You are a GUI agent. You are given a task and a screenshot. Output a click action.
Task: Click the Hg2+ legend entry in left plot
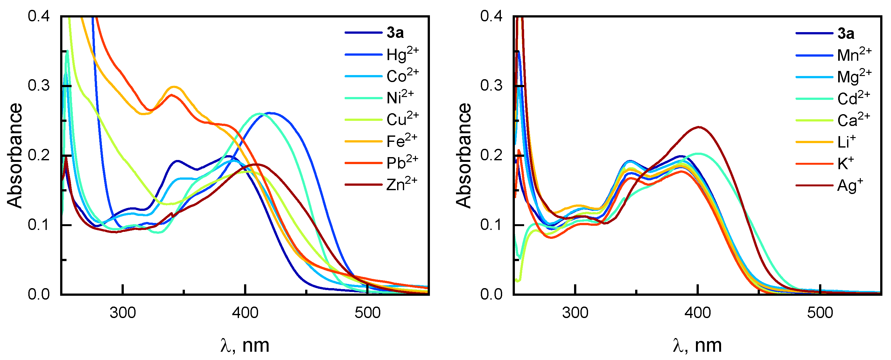402,55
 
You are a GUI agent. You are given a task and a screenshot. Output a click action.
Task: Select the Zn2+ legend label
401,185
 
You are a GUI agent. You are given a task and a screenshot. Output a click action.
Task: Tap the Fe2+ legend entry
401,141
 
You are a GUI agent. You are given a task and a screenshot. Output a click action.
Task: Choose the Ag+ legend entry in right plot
850,186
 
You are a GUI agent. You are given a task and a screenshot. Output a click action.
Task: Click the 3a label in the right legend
845,33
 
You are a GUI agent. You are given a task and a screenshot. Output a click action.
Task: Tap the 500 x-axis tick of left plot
367,313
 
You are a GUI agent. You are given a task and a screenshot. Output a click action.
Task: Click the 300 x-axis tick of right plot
575,313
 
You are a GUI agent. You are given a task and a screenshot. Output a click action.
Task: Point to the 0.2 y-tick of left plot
39,155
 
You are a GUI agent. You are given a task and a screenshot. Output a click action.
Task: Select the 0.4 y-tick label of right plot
491,16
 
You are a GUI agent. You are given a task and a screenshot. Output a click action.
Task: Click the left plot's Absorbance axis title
15,156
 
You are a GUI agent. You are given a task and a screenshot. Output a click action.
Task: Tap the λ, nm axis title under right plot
697,345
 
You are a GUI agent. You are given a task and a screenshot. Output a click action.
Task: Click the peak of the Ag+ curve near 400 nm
699,127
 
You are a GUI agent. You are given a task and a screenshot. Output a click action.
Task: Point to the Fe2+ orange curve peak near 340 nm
174,87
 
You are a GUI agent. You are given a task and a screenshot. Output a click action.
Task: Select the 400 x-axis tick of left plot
245,313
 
